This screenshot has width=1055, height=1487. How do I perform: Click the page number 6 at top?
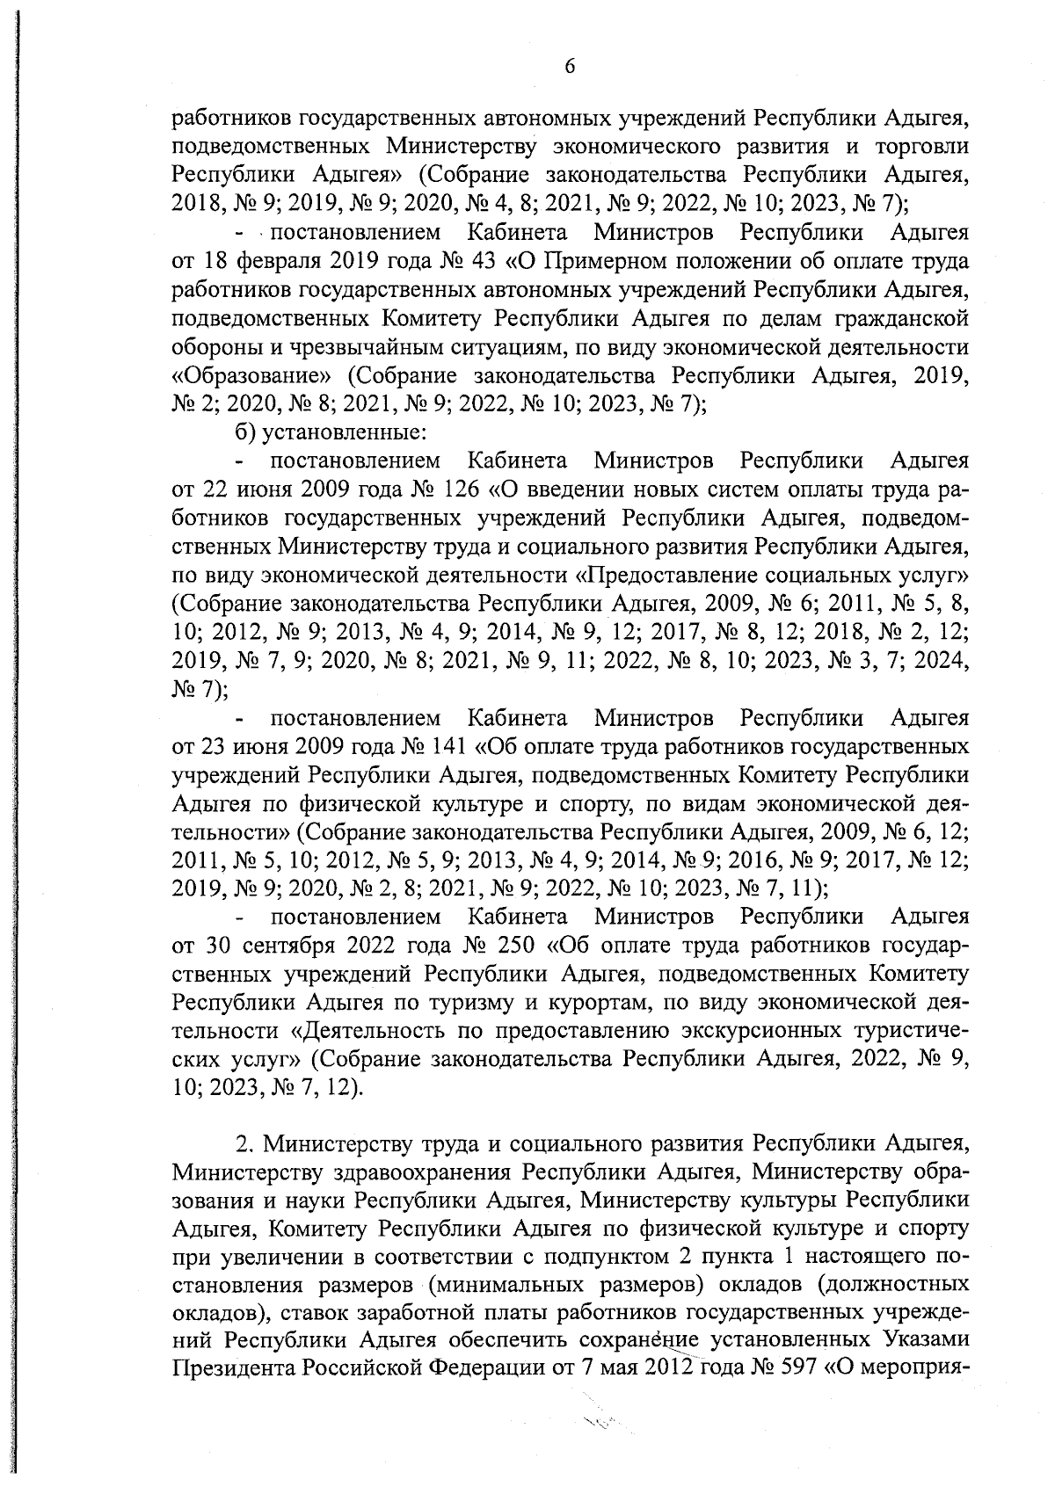570,68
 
